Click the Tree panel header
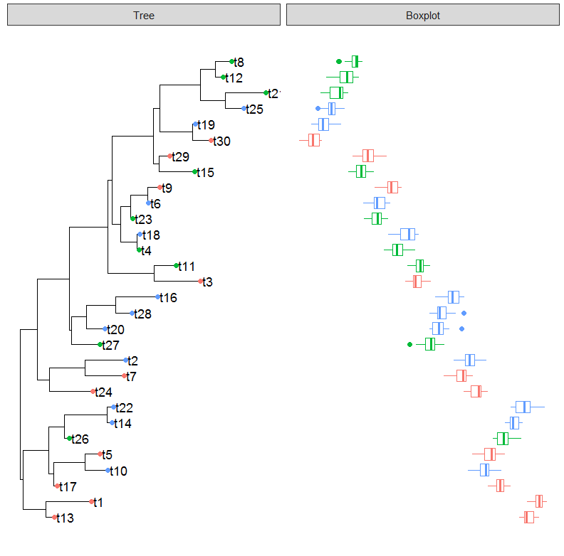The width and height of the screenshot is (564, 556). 143,15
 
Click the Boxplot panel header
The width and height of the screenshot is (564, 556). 422,15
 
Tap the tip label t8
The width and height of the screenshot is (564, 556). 239,62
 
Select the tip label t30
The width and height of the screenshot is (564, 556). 221,141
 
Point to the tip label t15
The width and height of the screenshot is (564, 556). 205,172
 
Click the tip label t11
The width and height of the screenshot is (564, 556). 187,266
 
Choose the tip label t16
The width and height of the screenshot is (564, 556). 168,297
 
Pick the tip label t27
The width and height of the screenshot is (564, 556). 110,345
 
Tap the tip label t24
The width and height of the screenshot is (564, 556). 104,392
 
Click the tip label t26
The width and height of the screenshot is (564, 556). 80,439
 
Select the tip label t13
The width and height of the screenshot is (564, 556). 65,518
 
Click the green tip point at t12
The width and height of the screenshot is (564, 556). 223,77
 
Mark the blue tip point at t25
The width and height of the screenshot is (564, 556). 244,109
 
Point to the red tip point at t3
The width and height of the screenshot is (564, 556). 200,282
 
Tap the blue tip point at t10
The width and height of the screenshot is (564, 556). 108,471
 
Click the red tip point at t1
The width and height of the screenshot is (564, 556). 92,502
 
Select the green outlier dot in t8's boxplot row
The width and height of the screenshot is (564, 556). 338,61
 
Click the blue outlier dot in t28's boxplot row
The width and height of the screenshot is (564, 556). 464,313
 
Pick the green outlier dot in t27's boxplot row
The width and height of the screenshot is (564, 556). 409,344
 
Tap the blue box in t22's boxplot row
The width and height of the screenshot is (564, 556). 523,407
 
